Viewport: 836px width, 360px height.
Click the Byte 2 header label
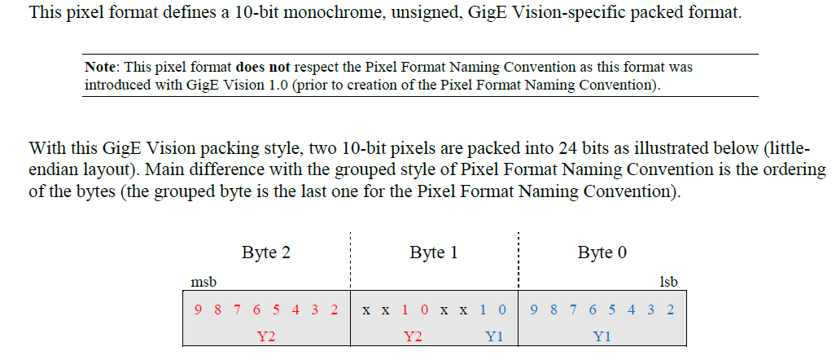[x=265, y=252]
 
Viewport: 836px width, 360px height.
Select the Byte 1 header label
[x=433, y=252]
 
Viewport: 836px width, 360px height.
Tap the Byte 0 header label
[x=602, y=252]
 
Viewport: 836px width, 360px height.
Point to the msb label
[x=204, y=282]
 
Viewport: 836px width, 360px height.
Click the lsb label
[x=667, y=282]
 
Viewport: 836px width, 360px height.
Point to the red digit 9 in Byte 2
[x=198, y=310]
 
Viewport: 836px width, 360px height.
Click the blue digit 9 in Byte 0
[x=534, y=310]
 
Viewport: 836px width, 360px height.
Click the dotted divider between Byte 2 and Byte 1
[x=350, y=269]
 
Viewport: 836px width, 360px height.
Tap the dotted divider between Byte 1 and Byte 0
[x=519, y=269]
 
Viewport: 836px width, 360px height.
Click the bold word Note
[x=101, y=67]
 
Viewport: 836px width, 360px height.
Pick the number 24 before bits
[x=567, y=149]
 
